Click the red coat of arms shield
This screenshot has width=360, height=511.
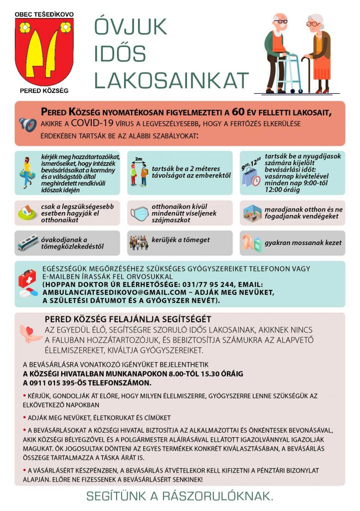click(44, 51)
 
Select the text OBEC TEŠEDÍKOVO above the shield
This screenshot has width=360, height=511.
click(44, 14)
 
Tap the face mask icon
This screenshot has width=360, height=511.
click(140, 213)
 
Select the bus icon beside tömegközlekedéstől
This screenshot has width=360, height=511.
click(28, 243)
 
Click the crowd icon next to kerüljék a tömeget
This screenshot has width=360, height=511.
click(138, 243)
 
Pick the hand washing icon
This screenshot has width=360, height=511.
click(251, 243)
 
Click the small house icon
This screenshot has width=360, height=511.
click(27, 213)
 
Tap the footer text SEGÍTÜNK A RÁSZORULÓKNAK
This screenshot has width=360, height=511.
click(180, 497)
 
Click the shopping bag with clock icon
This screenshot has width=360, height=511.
click(251, 177)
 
